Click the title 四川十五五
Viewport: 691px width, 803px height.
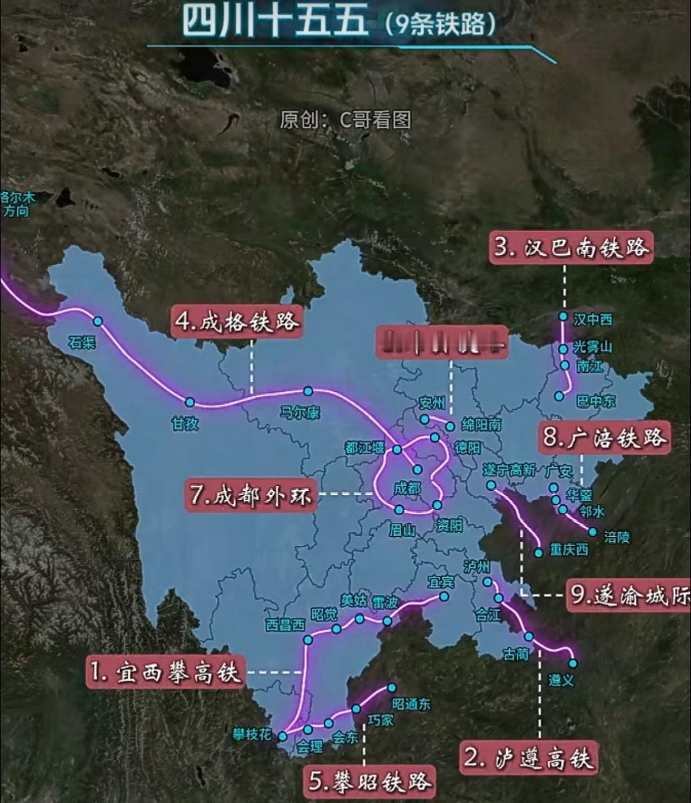[x=275, y=20]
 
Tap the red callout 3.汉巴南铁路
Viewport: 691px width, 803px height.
[x=571, y=247]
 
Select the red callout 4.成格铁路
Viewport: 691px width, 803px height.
[x=237, y=321]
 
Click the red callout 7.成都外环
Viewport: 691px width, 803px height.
[x=251, y=495]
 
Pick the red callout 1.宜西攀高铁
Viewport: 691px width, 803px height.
[x=166, y=672]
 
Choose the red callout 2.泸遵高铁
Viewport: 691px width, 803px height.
[x=528, y=758]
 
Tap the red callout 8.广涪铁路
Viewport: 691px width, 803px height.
[x=604, y=438]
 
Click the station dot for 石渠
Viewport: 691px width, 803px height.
[x=98, y=321]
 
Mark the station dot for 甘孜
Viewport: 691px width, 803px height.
[x=189, y=402]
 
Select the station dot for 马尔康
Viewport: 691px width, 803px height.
[x=308, y=391]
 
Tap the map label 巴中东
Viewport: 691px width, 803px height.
[x=596, y=402]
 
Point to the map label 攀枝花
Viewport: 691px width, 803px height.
[x=252, y=736]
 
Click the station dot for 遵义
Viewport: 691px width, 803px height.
[x=573, y=663]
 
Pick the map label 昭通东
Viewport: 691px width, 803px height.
[x=411, y=704]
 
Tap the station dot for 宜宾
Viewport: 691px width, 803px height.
[x=443, y=596]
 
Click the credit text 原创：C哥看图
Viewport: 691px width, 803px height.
[x=345, y=120]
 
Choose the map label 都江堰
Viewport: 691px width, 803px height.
[x=364, y=448]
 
